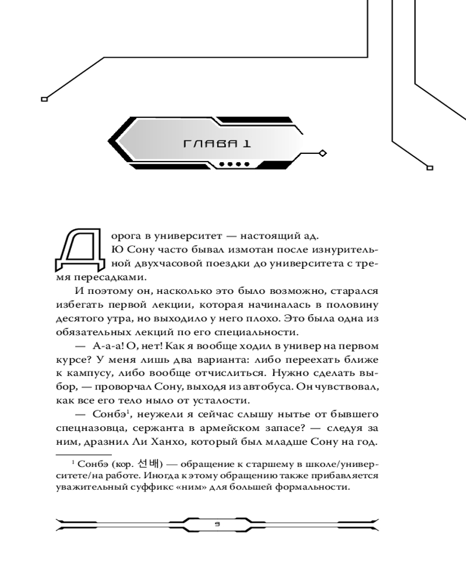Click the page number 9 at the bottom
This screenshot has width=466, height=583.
217,524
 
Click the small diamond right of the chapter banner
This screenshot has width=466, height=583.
323,153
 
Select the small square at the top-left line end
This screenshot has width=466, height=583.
44,99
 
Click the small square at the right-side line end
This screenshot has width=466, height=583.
430,168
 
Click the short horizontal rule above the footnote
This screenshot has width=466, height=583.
84,454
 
